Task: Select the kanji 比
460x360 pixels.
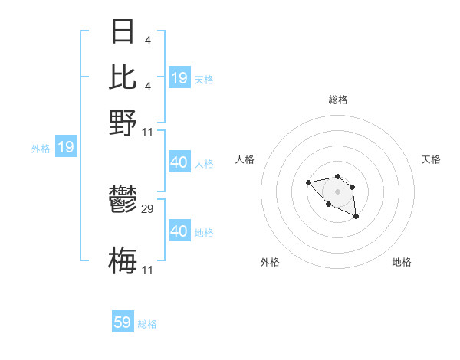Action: point(123,77)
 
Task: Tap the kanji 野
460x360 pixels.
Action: point(123,122)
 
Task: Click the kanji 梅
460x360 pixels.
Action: point(123,260)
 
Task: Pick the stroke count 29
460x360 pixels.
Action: point(148,208)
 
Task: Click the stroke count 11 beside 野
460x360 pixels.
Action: point(148,133)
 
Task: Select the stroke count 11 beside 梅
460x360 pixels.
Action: point(148,270)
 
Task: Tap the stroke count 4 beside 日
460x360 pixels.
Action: point(146,41)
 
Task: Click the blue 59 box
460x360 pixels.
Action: point(123,322)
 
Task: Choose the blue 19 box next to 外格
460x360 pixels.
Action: point(66,147)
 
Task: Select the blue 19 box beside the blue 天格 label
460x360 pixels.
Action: point(179,77)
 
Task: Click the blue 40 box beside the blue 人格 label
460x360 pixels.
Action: point(179,162)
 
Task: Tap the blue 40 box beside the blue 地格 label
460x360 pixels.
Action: point(179,231)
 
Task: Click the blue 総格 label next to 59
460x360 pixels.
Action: point(147,324)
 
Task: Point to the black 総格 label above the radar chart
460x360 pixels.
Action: point(337,100)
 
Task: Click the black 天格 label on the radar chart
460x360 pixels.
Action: point(431,159)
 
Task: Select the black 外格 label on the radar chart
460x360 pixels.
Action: point(270,262)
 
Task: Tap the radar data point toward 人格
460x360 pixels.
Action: point(308,182)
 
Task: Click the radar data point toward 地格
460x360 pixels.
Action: point(356,217)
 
